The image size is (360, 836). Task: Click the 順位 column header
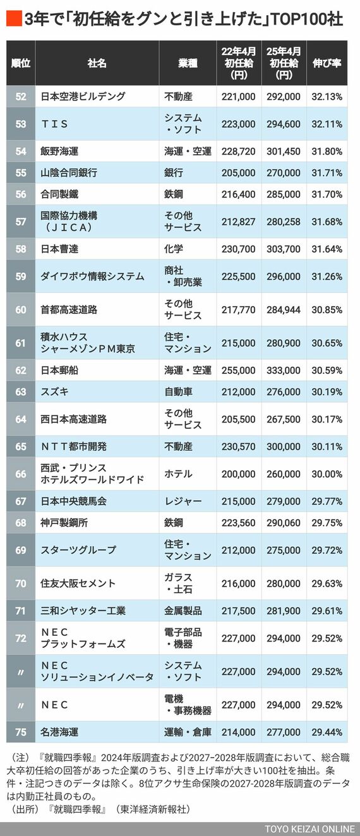pos(21,63)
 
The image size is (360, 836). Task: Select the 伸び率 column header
pos(327,63)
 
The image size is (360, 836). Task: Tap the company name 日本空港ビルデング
pos(83,97)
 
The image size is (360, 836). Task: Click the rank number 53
pos(21,124)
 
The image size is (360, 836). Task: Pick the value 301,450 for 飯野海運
pos(284,152)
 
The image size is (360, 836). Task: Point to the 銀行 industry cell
pos(174,172)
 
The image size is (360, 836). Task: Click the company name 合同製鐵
pos(59,194)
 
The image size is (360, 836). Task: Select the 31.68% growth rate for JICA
pos(327,221)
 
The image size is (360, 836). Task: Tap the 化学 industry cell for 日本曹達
pos(174,249)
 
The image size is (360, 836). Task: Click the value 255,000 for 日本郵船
pos(239,370)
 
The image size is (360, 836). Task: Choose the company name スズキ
pos(55,391)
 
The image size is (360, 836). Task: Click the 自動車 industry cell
pos(179,391)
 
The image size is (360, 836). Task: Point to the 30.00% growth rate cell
pos(327,474)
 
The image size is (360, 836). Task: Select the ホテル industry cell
pos(179,474)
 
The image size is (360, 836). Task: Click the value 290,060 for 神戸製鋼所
pos(284,523)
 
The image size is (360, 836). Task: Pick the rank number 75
pos(21,732)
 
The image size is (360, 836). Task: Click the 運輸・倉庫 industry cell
pos(188,732)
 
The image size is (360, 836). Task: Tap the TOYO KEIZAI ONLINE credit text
pos(309,828)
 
